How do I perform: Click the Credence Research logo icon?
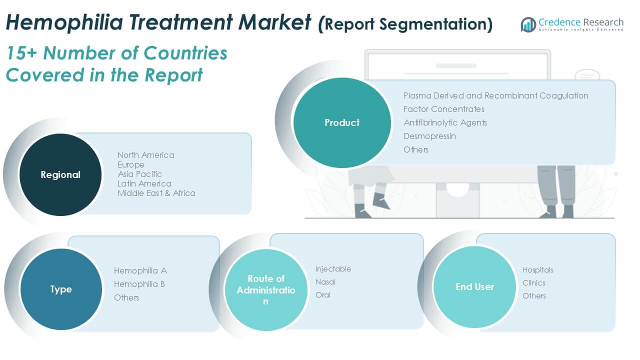point(528,24)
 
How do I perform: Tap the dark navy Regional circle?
point(60,174)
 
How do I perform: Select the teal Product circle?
point(342,122)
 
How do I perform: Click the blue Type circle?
point(61,289)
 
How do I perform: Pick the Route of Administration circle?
point(266,289)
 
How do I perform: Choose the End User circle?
point(474,286)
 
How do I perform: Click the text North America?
point(145,155)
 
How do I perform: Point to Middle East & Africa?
point(156,193)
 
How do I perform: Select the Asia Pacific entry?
point(139,174)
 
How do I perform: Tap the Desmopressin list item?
point(429,136)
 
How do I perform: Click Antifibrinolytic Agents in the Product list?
point(445,123)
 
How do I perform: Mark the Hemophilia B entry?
point(139,284)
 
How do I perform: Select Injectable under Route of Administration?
point(333,269)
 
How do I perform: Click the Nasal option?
point(325,282)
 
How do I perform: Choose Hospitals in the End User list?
point(537,270)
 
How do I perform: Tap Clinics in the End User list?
point(533,283)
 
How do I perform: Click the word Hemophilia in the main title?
point(64,22)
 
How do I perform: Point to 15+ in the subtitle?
point(21,53)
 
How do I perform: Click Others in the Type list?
point(126,297)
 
